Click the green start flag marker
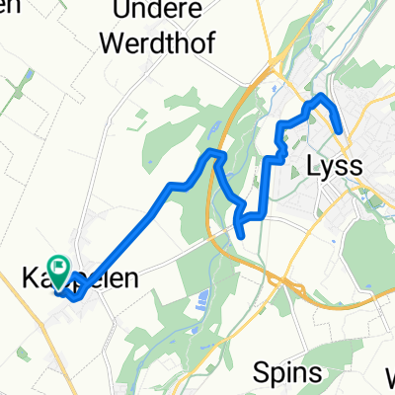(59, 265)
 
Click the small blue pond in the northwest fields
(28, 75)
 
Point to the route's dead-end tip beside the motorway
(242, 234)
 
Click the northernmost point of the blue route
(318, 98)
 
